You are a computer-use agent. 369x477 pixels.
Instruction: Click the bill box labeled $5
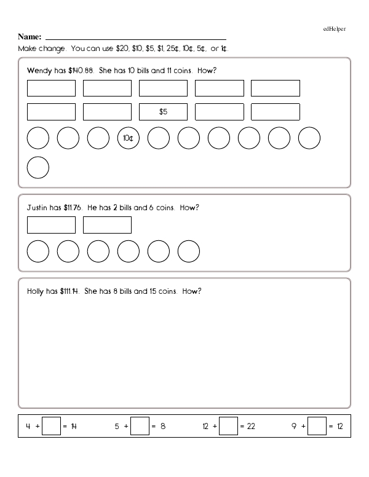163,112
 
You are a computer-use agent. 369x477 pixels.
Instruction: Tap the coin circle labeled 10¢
129,139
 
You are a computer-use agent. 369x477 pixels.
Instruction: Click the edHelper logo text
334,29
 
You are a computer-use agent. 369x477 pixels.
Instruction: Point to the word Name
30,36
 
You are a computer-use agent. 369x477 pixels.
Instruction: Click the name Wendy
38,71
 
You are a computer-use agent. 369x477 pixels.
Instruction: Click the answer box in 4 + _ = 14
52,426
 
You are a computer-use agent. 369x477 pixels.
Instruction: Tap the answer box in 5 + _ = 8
141,426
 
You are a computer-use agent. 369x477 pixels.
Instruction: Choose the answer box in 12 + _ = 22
228,426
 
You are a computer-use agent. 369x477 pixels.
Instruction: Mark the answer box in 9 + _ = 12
317,426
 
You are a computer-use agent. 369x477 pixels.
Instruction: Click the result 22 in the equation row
251,426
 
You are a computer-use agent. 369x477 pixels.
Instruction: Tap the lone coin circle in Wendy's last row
38,168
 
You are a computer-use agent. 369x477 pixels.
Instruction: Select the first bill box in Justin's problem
52,225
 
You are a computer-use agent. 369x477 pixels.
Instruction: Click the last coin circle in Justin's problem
189,251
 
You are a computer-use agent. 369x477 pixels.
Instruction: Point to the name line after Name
136,38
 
